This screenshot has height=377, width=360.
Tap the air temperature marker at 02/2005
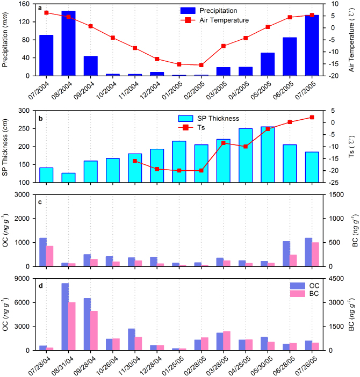tap(201, 65)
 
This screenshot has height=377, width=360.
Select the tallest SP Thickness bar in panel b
tap(268, 155)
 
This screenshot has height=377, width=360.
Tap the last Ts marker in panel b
tap(312, 117)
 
